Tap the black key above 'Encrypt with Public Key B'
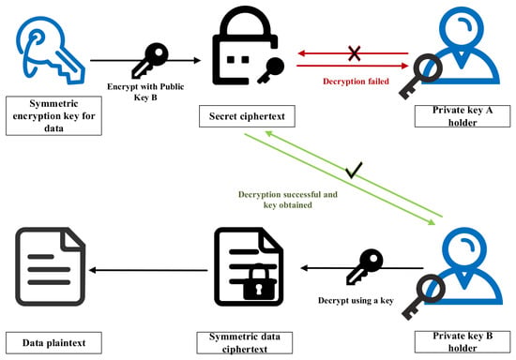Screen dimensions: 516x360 click(150, 60)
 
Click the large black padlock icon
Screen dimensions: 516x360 click(245, 46)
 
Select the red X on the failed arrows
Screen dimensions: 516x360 click(354, 53)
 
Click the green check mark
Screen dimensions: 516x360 click(354, 171)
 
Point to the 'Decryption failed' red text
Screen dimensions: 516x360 click(356, 82)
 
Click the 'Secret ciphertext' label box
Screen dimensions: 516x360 click(247, 116)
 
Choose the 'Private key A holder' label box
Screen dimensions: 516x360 click(463, 116)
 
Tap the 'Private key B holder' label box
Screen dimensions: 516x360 click(463, 342)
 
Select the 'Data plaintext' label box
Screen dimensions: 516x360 click(53, 343)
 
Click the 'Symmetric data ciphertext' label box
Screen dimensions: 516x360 click(245, 343)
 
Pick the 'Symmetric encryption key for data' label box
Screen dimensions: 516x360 click(53, 115)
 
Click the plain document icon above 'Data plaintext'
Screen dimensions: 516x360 click(50, 266)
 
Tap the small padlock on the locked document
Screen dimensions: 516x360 click(259, 282)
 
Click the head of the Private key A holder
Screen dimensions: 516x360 click(462, 27)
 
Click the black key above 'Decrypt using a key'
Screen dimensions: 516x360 click(365, 267)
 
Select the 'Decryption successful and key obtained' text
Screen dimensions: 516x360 click(288, 200)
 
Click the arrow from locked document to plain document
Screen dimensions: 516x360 click(148, 270)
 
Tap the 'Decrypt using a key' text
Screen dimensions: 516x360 click(356, 301)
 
